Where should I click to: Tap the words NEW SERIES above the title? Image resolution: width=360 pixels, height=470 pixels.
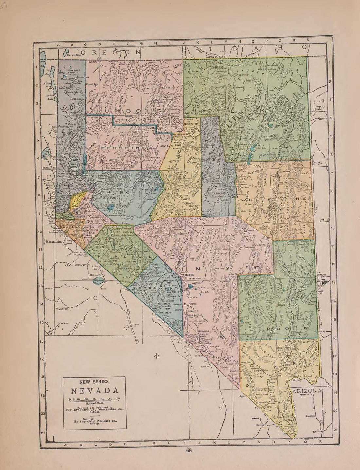pyautogui.click(x=94, y=381)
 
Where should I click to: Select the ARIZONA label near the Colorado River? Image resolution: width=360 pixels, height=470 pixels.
pyautogui.click(x=307, y=391)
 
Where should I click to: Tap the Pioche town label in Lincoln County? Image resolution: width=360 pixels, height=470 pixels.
pyautogui.click(x=283, y=281)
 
